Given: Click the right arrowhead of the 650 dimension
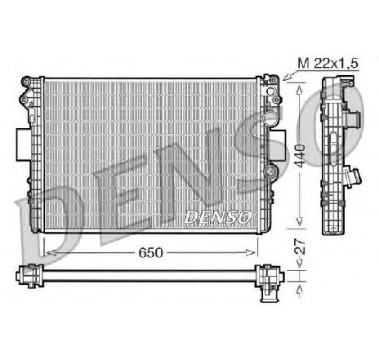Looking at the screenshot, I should [x=255, y=253].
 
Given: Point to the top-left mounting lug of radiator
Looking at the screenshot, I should [x=30, y=83].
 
